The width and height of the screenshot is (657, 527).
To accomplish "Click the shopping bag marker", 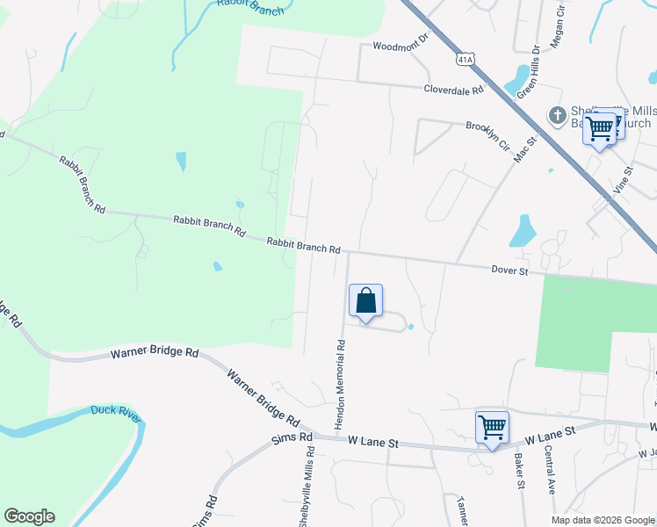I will [x=366, y=301].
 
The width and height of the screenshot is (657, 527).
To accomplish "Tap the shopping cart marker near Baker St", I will [x=492, y=428].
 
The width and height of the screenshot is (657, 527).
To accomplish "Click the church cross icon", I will [x=557, y=115].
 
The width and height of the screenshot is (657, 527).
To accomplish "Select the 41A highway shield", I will [x=466, y=59].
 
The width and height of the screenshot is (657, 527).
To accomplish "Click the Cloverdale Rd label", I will [x=454, y=90].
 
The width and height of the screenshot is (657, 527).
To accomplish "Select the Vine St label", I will [x=623, y=181].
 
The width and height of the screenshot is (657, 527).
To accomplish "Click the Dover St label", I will [x=509, y=272].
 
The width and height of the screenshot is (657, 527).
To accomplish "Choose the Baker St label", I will [x=518, y=471].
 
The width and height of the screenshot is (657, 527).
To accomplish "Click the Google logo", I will [x=29, y=516].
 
